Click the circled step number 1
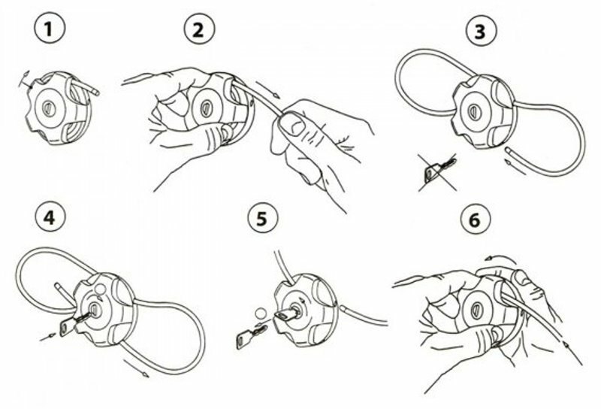point(50,29)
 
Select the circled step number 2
point(198,29)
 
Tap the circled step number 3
point(480,31)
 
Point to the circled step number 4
point(49,217)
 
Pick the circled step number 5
point(261,218)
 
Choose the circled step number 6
point(475,220)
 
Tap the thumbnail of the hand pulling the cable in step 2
point(291,123)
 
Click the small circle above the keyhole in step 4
point(101,289)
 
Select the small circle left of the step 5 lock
point(261,313)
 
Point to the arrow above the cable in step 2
point(268,89)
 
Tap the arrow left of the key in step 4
point(48,337)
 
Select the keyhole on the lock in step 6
point(476,308)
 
